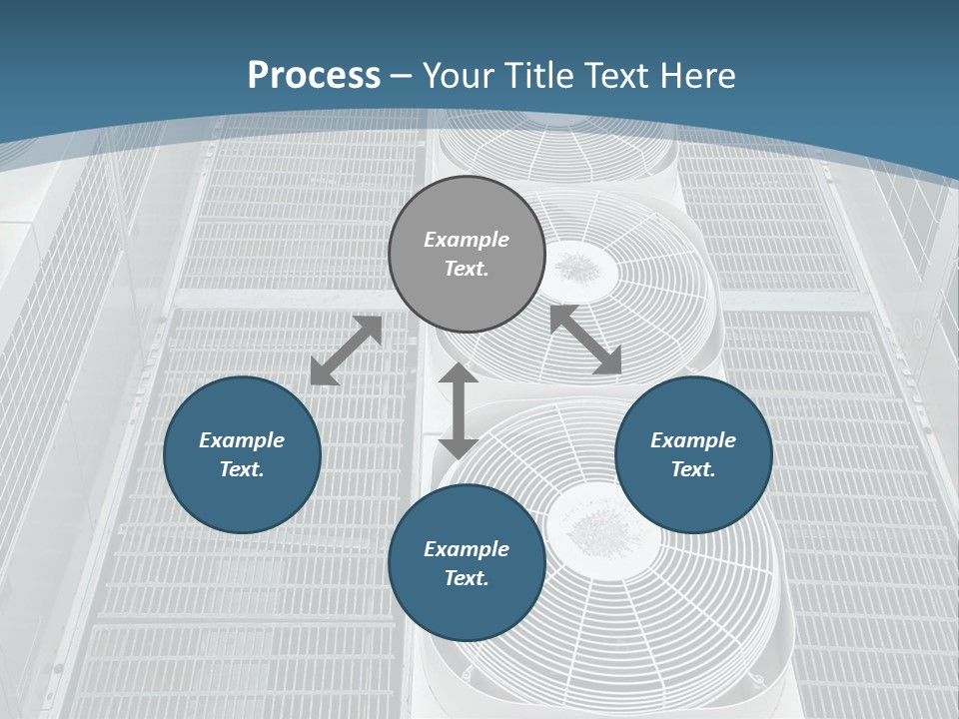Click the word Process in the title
tap(314, 76)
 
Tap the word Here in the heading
tap(697, 76)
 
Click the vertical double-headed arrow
tap(459, 410)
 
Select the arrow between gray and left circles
tap(346, 351)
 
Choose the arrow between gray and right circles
tap(585, 340)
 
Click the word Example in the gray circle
tap(467, 240)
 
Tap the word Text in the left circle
tap(242, 469)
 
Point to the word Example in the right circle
tap(693, 440)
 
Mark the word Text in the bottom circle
tap(467, 578)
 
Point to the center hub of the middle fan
tap(576, 267)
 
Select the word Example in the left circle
tap(242, 440)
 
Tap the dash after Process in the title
tap(402, 76)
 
